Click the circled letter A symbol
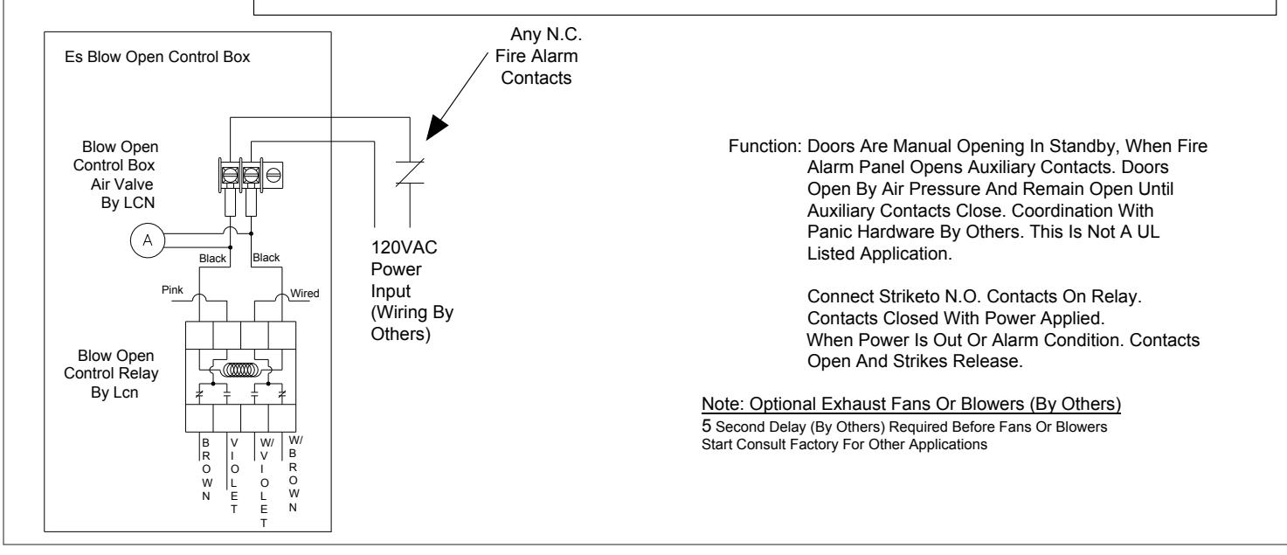point(148,240)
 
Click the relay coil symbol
point(240,370)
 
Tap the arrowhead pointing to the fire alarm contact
point(436,128)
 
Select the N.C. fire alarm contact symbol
point(410,172)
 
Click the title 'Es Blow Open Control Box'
point(157,57)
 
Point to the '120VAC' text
point(404,247)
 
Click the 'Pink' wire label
point(172,290)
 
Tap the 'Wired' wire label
point(305,293)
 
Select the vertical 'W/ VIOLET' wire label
point(264,482)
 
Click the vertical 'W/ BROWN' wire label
point(294,474)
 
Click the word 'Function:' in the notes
point(765,146)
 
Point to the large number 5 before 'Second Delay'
point(706,427)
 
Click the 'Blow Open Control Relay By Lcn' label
point(112,374)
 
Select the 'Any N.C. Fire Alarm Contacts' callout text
point(538,56)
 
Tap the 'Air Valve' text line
point(121,184)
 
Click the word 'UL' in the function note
point(1147,232)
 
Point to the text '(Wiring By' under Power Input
point(412,313)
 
